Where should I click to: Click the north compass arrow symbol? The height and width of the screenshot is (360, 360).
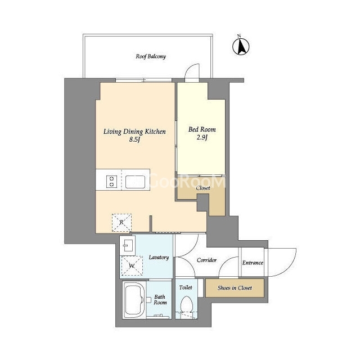pyautogui.click(x=241, y=47)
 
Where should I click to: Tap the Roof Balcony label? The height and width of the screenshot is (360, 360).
pyautogui.click(x=151, y=56)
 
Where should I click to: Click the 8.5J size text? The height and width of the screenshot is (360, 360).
pyautogui.click(x=134, y=139)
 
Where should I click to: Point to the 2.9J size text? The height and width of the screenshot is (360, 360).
pyautogui.click(x=202, y=137)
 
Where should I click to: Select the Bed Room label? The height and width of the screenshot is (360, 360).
pyautogui.click(x=202, y=129)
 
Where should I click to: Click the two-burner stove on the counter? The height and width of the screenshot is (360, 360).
pyautogui.click(x=112, y=181)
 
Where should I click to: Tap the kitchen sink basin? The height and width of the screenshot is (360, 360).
pyautogui.click(x=135, y=182)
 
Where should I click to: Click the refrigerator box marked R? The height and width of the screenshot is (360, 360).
pyautogui.click(x=121, y=223)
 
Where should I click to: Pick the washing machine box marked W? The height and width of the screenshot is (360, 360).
pyautogui.click(x=132, y=265)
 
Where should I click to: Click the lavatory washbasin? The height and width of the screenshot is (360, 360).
pyautogui.click(x=128, y=246)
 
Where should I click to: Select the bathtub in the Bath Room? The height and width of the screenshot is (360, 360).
pyautogui.click(x=134, y=300)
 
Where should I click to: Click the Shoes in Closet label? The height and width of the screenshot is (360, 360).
pyautogui.click(x=235, y=288)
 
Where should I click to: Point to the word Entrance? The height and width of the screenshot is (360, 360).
pyautogui.click(x=253, y=263)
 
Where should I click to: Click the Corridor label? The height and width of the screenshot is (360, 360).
pyautogui.click(x=206, y=260)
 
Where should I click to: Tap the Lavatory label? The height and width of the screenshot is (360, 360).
pyautogui.click(x=159, y=258)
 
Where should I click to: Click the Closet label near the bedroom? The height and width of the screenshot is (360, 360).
pyautogui.click(x=203, y=188)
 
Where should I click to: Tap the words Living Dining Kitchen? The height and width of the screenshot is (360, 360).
pyautogui.click(x=134, y=132)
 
